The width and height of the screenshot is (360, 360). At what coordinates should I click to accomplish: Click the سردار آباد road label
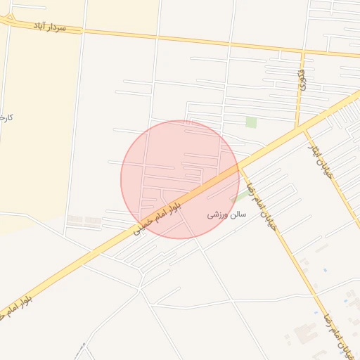click(x=50, y=26)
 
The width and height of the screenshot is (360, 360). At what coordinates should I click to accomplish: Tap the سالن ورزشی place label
click(x=226, y=215)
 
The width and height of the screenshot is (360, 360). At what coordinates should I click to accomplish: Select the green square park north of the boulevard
click(x=251, y=122)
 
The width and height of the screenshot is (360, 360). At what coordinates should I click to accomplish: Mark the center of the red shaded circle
click(x=180, y=179)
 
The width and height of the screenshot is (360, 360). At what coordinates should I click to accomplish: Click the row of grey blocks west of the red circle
click(x=84, y=221)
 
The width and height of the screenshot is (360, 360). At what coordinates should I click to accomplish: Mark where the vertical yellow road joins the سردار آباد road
click(x=303, y=52)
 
